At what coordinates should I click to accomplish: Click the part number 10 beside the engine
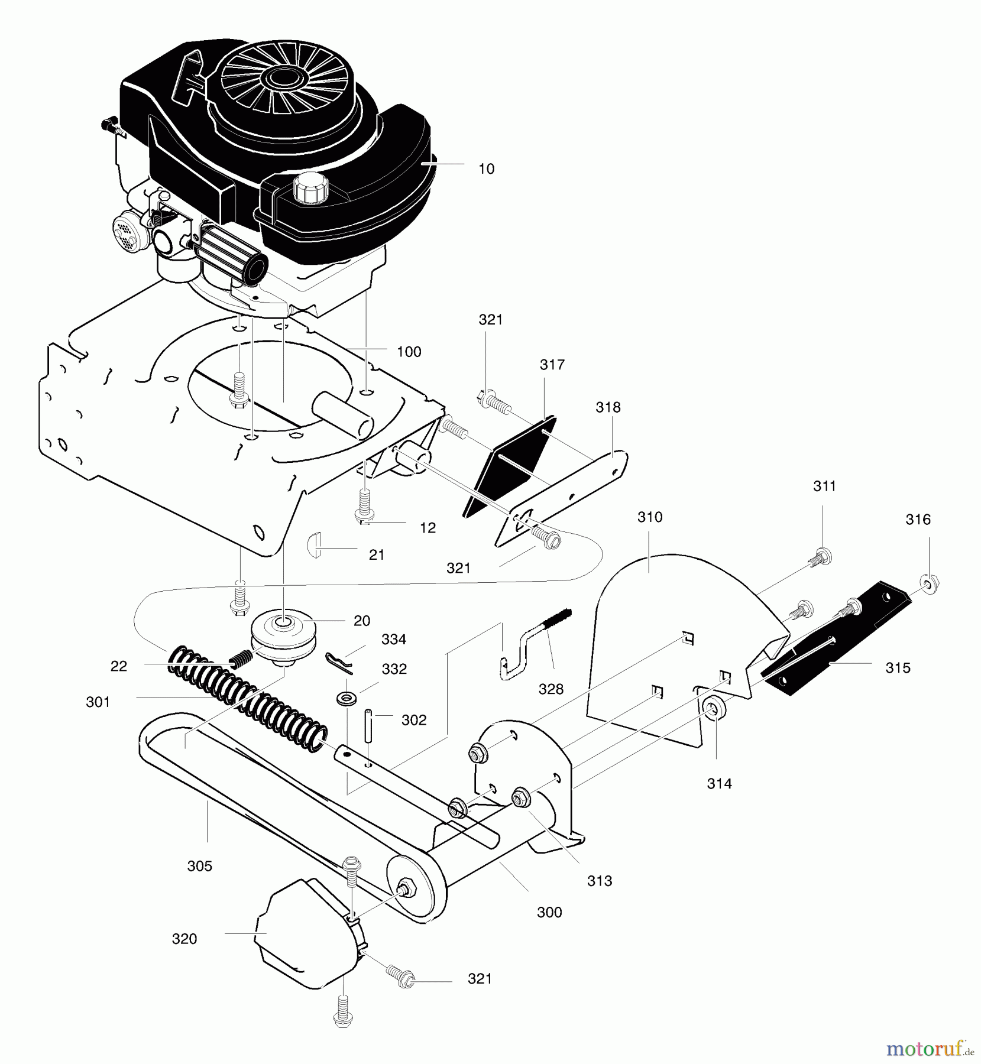[486, 169]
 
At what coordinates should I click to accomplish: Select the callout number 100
[409, 352]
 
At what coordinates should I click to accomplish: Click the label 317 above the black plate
[552, 365]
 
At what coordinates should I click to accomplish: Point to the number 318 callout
[608, 407]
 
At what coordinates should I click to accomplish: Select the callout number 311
[824, 486]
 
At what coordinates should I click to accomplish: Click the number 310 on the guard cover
[650, 517]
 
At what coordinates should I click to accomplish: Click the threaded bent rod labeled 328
[532, 650]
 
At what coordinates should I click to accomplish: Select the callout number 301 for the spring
[98, 702]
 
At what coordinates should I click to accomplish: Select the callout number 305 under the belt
[199, 866]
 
